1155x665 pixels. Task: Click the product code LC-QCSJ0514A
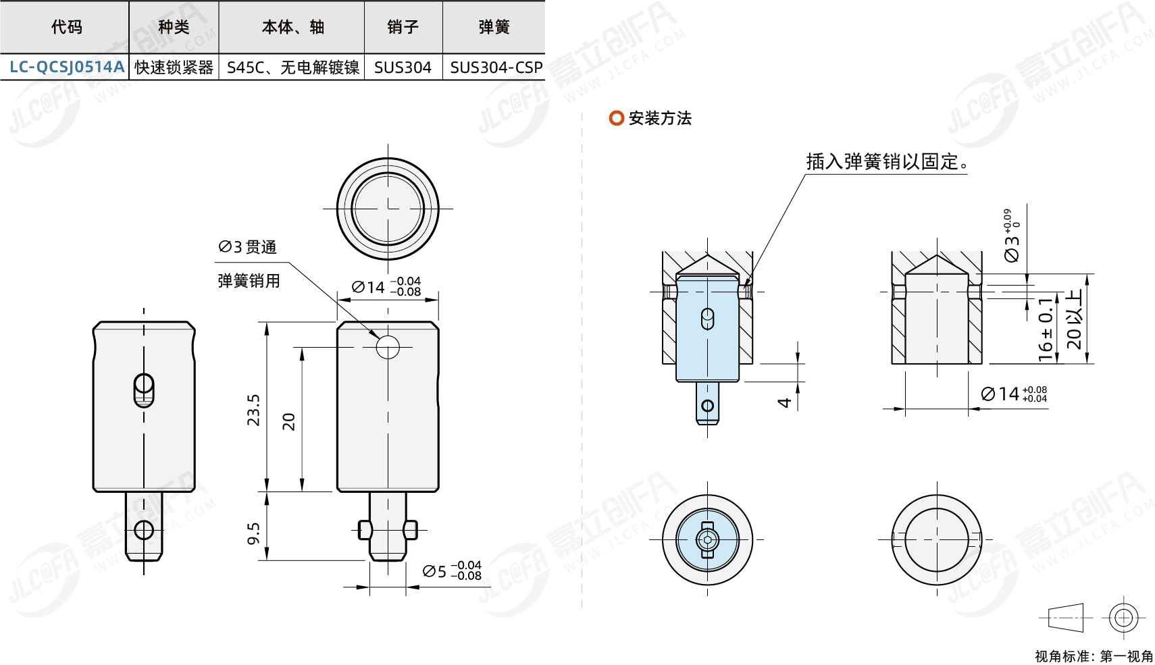click(x=66, y=67)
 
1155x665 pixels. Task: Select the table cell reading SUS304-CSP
click(x=496, y=68)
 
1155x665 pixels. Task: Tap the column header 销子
click(x=403, y=27)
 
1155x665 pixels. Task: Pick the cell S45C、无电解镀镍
click(x=292, y=68)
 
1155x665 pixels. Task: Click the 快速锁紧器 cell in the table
click(x=174, y=68)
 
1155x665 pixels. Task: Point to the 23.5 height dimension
click(x=253, y=410)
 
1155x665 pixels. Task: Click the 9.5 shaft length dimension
click(x=253, y=533)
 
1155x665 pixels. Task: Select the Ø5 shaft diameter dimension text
click(x=451, y=571)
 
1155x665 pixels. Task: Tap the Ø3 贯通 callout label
click(x=247, y=247)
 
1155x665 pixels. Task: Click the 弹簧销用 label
click(x=249, y=281)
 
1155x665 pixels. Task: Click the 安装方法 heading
click(x=660, y=119)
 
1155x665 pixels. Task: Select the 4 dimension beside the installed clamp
click(x=784, y=402)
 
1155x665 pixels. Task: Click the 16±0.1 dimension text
click(x=1046, y=329)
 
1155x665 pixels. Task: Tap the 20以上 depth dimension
click(x=1073, y=319)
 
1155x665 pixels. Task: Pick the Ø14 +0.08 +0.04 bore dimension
click(x=1013, y=394)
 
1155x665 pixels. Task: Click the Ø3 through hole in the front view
click(x=388, y=347)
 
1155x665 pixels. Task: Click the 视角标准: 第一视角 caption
click(x=1094, y=656)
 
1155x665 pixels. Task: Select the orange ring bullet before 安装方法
click(x=616, y=118)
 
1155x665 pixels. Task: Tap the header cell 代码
click(x=66, y=27)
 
